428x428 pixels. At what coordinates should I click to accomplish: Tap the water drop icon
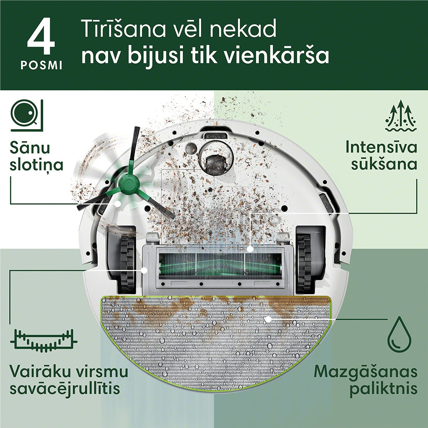coord(399,339)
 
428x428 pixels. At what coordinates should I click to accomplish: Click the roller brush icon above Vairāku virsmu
coord(43,340)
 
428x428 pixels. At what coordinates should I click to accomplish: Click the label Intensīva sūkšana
coord(381,156)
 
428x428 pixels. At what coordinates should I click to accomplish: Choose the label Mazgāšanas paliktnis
coord(365,380)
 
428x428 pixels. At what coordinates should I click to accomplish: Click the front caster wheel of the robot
coord(214,162)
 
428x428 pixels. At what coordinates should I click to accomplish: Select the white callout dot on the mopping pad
coord(268,319)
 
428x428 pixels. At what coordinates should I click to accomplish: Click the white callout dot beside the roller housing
coord(144,270)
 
